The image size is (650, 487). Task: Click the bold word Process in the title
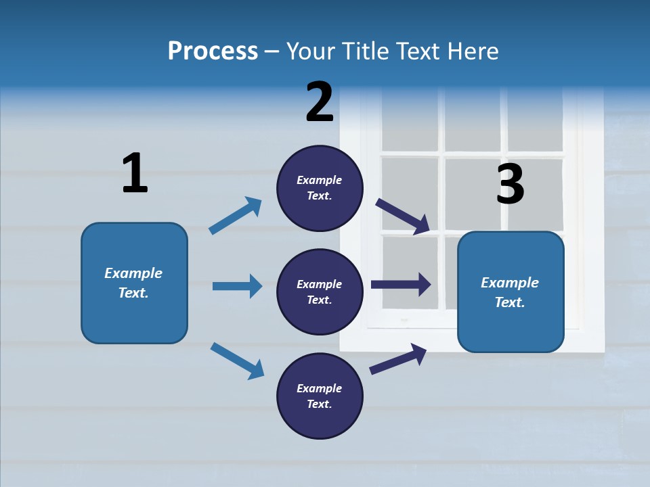tap(213, 51)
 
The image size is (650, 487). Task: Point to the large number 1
tap(134, 173)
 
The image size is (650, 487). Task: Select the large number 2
tap(320, 101)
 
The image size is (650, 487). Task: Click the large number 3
tap(510, 184)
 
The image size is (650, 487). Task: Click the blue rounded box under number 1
tap(134, 283)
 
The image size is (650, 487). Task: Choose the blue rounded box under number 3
tap(511, 292)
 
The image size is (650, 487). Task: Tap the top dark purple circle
tap(320, 188)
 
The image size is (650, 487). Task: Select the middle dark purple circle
tap(320, 292)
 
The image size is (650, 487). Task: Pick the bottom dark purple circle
tap(320, 396)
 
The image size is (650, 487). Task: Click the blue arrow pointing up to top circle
tap(236, 215)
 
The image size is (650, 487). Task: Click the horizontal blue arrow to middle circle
tap(237, 286)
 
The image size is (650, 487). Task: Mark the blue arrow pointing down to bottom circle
tap(237, 360)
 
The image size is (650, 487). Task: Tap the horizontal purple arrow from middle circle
tap(401, 285)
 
